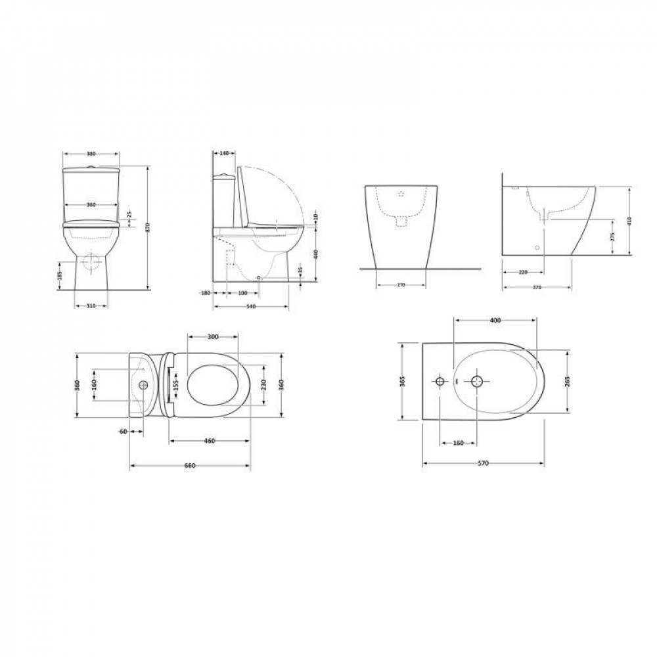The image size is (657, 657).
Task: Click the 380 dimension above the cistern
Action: tap(91, 153)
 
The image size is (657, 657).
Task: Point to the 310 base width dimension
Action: tap(91, 305)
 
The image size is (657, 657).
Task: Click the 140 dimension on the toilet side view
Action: tap(223, 153)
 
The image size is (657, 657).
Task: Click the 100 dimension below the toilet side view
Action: tap(243, 292)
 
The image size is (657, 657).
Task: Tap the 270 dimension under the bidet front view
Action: tap(400, 285)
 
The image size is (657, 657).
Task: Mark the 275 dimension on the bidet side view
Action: tap(613, 237)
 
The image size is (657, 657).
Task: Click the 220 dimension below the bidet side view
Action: tap(523, 271)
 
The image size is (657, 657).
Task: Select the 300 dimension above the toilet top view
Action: tap(212, 336)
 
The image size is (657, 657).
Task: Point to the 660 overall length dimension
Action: tap(190, 465)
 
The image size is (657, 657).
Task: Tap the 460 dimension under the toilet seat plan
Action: tap(210, 441)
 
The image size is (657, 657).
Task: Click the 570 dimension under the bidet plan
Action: tap(483, 463)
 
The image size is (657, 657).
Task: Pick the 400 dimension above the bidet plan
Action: tap(495, 320)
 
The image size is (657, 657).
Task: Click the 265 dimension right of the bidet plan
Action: tap(566, 382)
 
